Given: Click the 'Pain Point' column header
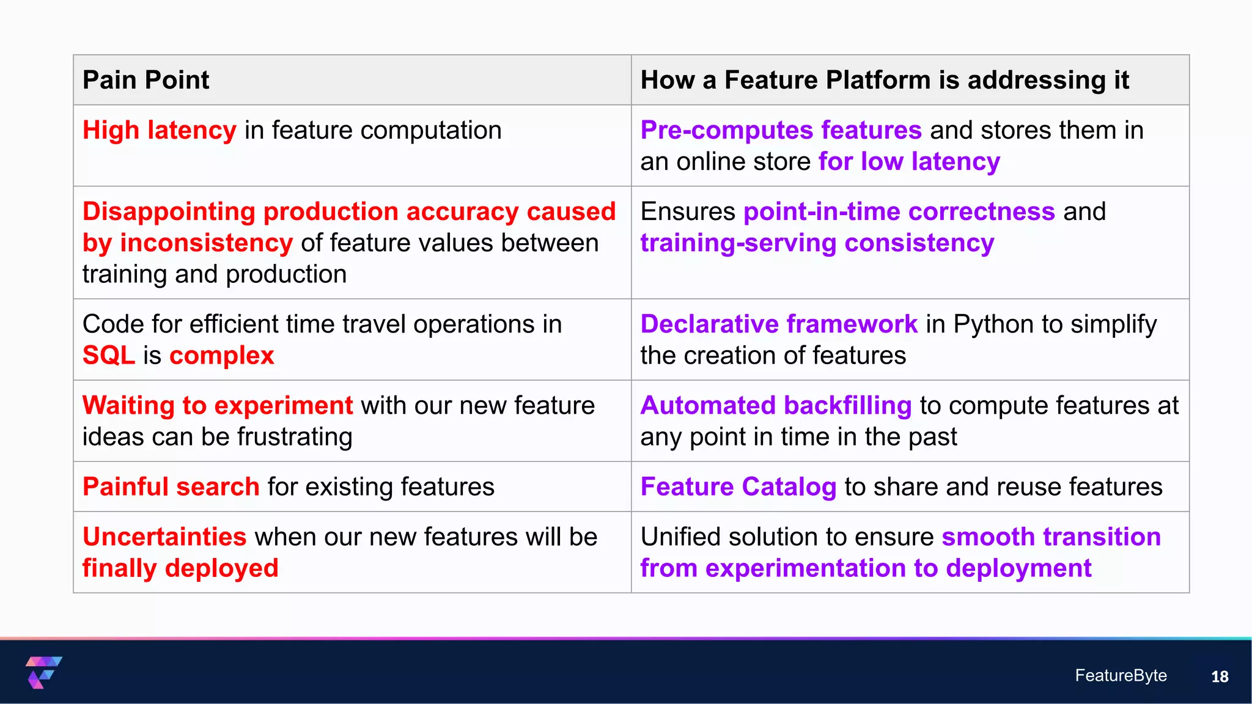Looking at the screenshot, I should [x=145, y=80].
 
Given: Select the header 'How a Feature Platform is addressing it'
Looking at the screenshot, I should [x=884, y=80].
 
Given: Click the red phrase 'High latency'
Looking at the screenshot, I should [x=159, y=130].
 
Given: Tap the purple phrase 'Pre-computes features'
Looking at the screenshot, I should [x=780, y=130].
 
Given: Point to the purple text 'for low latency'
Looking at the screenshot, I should [x=908, y=162].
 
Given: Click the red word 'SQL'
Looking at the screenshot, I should [x=108, y=356].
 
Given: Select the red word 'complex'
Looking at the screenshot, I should [x=221, y=356].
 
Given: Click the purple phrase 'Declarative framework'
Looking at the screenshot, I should [x=778, y=324].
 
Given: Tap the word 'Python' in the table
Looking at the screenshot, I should [x=995, y=324].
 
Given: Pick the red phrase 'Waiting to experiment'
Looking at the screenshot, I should [x=217, y=406].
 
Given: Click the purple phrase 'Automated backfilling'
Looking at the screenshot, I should [x=775, y=406].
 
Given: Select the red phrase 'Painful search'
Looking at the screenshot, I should [x=171, y=487].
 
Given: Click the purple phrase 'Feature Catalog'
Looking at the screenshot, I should [x=737, y=487].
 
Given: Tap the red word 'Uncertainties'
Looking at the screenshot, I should [x=164, y=537].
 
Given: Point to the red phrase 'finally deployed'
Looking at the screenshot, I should [x=180, y=568].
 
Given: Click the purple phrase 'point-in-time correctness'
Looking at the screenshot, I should [x=899, y=212].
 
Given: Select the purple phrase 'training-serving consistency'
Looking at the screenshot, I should [x=817, y=243].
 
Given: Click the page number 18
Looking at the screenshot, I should [x=1219, y=676].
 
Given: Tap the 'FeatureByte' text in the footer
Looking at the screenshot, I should [x=1120, y=675].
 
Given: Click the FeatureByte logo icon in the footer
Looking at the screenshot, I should [x=43, y=672].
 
